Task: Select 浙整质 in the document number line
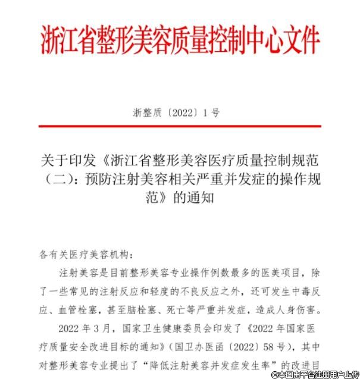tap(148, 112)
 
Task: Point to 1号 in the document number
tap(211, 112)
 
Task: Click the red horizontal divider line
tap(180, 126)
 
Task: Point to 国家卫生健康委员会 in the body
tap(158, 327)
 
